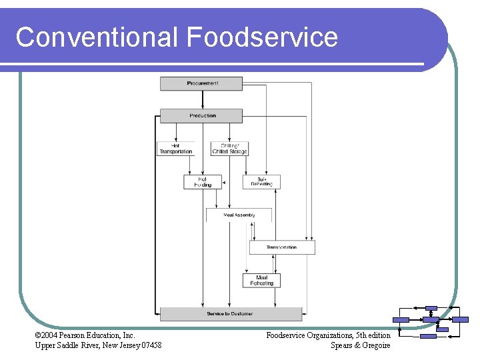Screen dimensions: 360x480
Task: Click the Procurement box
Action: tap(203, 84)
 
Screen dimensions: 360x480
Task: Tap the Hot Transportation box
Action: tap(176, 149)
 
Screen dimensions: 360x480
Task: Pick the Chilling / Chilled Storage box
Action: tap(229, 149)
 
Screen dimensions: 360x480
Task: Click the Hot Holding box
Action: tap(203, 182)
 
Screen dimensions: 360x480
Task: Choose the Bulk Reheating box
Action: tap(261, 182)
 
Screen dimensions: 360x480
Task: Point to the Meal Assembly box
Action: tap(239, 215)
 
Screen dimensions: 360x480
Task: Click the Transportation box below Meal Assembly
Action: tap(282, 247)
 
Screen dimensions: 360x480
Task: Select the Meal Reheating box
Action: tap(261, 281)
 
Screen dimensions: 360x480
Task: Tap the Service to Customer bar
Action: tap(230, 314)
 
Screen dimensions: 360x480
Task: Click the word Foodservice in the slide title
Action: tap(262, 37)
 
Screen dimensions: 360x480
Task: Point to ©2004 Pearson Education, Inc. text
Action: tap(85, 335)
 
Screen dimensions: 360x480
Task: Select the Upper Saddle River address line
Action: tap(97, 345)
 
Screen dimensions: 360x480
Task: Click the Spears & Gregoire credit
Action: tap(360, 345)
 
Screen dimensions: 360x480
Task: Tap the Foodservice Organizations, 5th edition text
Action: tap(328, 335)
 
